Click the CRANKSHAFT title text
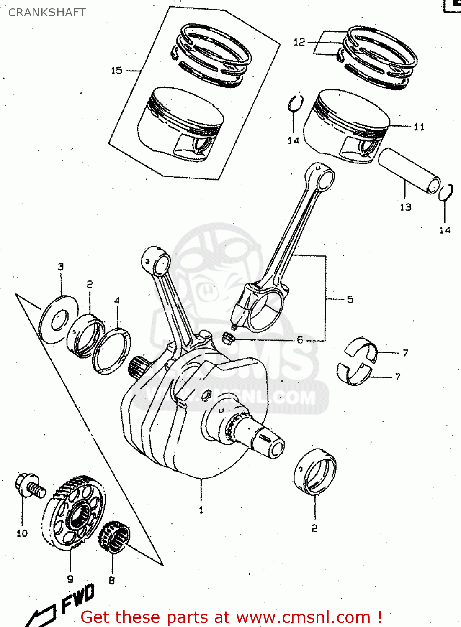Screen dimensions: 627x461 pyautogui.click(x=47, y=13)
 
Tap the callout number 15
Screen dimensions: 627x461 pyautogui.click(x=116, y=71)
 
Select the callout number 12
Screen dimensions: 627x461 pyautogui.click(x=299, y=42)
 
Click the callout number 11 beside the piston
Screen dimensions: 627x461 pyautogui.click(x=419, y=127)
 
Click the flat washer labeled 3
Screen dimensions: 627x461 pyautogui.click(x=58, y=320)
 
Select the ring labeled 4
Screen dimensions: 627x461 pyautogui.click(x=111, y=351)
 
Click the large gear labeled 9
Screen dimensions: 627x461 pyautogui.click(x=73, y=514)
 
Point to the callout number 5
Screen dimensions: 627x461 pyautogui.click(x=350, y=299)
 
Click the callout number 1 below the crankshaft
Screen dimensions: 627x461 pyautogui.click(x=201, y=510)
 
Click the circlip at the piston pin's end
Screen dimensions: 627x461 pyautogui.click(x=446, y=192)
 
